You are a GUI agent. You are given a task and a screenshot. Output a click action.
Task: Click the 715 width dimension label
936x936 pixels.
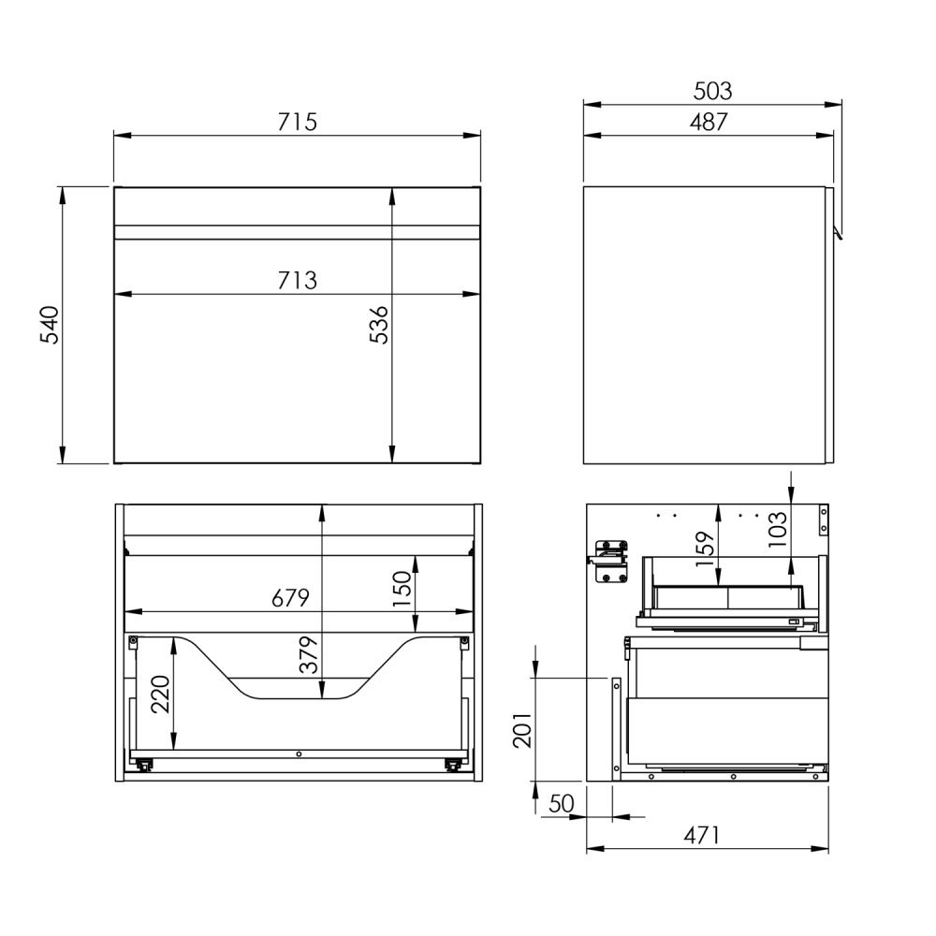click(298, 122)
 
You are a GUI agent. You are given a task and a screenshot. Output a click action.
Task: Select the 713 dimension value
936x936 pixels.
click(298, 280)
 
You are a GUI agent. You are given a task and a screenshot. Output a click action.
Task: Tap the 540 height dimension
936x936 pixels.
click(50, 325)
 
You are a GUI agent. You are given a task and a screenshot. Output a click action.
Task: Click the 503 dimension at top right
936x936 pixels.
click(712, 91)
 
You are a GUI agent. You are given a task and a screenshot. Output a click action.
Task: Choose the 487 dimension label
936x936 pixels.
click(709, 122)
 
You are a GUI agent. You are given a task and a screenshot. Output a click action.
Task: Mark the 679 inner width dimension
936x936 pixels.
click(291, 597)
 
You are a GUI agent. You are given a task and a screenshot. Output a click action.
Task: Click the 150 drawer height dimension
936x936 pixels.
click(402, 589)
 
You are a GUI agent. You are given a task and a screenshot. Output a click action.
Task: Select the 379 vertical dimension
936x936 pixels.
click(309, 655)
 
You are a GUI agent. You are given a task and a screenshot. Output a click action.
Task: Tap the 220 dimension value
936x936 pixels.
click(160, 695)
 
